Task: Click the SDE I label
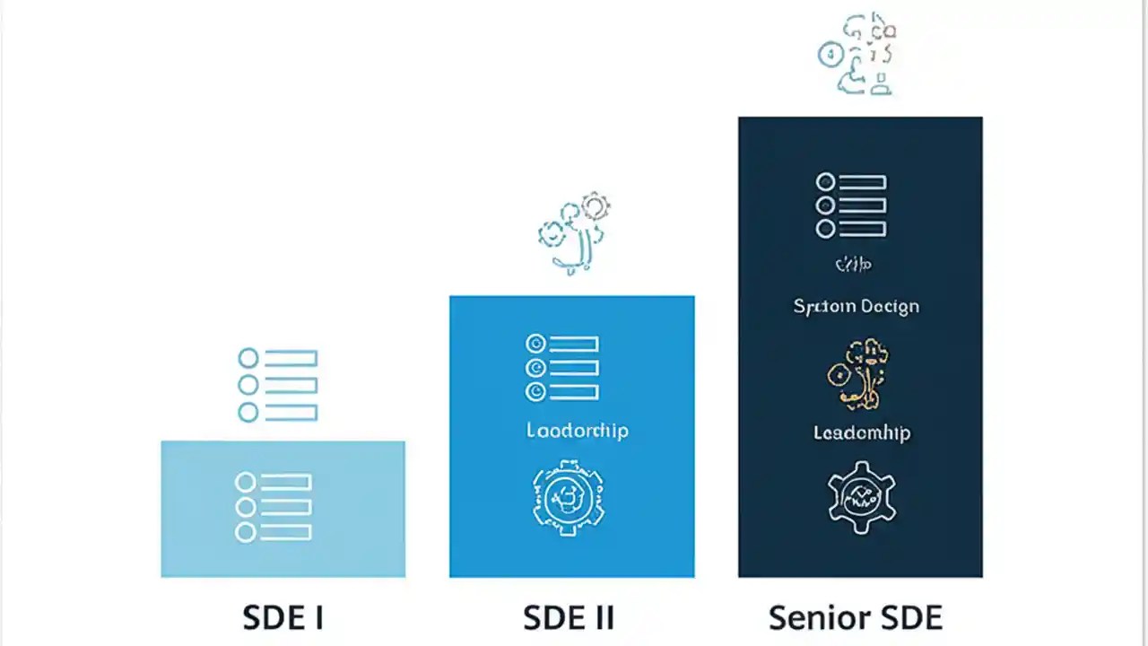[283, 618]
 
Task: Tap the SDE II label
[569, 618]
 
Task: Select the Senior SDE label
[856, 618]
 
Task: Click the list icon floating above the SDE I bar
[278, 385]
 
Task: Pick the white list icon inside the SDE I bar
[274, 507]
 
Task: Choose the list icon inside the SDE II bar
[562, 368]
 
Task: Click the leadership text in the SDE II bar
[578, 431]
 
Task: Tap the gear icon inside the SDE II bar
[569, 498]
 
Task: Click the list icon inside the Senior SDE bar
[851, 205]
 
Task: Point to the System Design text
[857, 307]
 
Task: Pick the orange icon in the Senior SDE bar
[858, 374]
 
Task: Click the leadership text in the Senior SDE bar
[862, 433]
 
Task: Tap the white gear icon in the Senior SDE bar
[861, 497]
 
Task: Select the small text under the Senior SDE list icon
[853, 265]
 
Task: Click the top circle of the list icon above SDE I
[248, 359]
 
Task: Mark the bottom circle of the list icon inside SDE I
[245, 532]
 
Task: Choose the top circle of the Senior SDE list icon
[825, 182]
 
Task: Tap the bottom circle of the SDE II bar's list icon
[535, 392]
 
